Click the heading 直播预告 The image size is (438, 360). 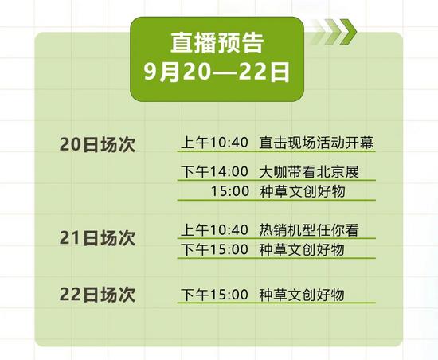pos(217,43)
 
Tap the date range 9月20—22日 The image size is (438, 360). pos(217,72)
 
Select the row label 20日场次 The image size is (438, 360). pos(97,144)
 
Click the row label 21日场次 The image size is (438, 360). pos(97,238)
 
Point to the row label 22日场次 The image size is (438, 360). pos(97,295)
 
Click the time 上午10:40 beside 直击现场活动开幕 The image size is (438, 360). pos(214,142)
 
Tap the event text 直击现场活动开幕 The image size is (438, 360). pos(316,142)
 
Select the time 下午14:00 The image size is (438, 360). pos(214,171)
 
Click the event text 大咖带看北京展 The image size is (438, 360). pos(309,171)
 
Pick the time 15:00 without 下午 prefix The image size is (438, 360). pos(230,191)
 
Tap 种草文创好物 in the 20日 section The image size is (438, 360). pos(303,191)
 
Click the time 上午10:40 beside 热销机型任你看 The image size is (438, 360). pos(214,230)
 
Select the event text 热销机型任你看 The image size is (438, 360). pos(309,230)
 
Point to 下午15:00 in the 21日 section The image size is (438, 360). pos(214,249)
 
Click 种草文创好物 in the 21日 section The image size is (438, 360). pos(302,249)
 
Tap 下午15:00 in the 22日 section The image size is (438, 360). pos(214,295)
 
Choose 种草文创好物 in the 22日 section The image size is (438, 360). pos(302,295)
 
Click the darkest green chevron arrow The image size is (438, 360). pos(349,32)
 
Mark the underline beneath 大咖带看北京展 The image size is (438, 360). pos(276,180)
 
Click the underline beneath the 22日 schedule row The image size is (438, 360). pos(276,303)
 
